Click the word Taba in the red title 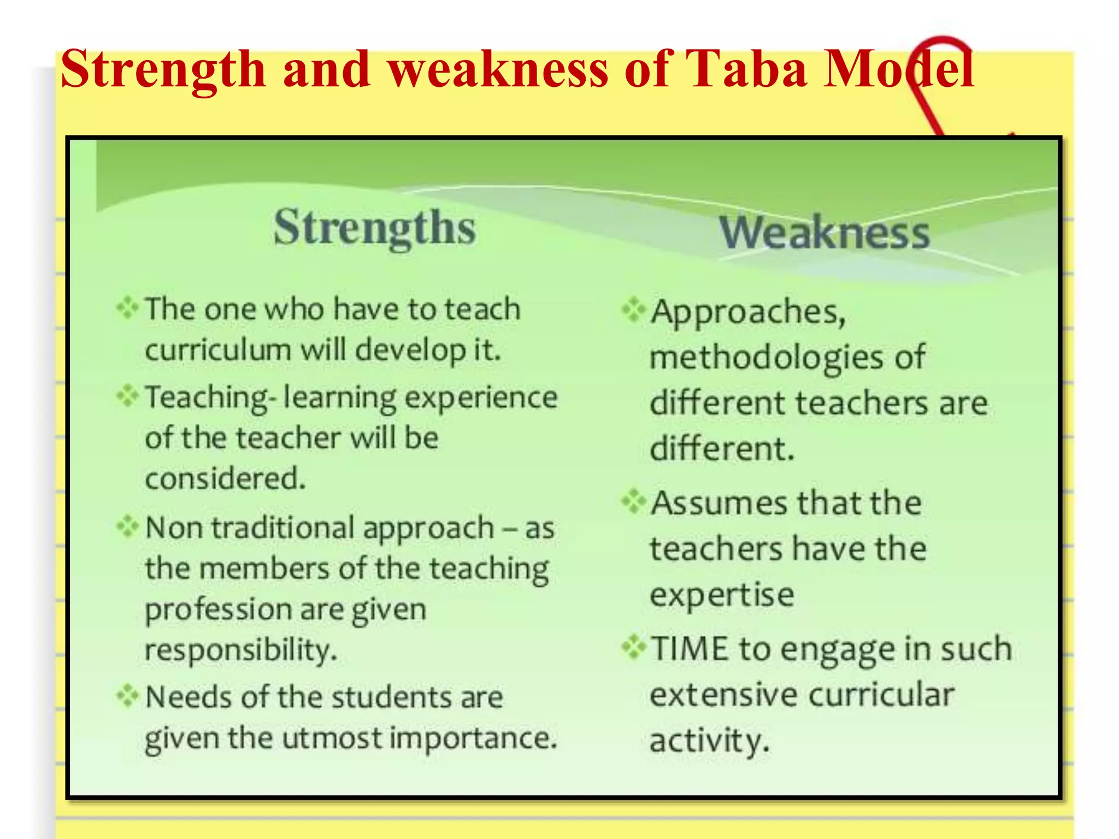[x=745, y=69]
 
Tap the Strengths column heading [x=375, y=228]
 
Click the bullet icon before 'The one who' [x=127, y=308]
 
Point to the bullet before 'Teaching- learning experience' [x=127, y=396]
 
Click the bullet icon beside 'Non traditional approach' [x=127, y=527]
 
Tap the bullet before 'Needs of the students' [x=127, y=696]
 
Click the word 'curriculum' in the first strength [x=217, y=350]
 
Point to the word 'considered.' [x=225, y=478]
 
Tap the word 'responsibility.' [x=241, y=650]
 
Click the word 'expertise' [x=722, y=595]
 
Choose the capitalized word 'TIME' [x=690, y=648]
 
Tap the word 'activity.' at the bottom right [x=709, y=741]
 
